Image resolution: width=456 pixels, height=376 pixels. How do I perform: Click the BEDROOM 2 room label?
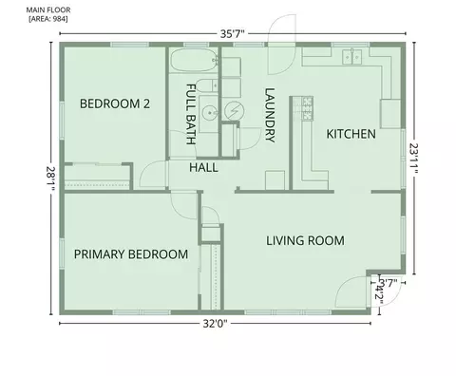[x=115, y=103]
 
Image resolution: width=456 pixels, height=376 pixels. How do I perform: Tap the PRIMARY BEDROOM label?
[x=131, y=254]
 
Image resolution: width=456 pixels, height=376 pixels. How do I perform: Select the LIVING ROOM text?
[x=305, y=241]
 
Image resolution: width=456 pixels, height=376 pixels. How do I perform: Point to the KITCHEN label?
[x=351, y=134]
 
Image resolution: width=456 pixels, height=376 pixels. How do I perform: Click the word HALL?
[x=203, y=167]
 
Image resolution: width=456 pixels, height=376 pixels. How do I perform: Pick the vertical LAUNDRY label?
[x=270, y=115]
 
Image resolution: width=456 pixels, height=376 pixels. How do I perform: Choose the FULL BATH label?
[x=190, y=114]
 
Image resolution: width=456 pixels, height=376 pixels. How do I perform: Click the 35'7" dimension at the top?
[x=233, y=34]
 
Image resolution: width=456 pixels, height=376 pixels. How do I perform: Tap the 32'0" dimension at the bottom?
[x=215, y=324]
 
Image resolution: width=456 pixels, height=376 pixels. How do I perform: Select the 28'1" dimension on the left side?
[x=50, y=179]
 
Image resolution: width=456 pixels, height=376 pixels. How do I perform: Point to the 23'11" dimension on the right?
[x=414, y=159]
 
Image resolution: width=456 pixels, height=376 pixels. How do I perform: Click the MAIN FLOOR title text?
[x=48, y=10]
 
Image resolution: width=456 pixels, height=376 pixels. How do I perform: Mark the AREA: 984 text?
[x=48, y=19]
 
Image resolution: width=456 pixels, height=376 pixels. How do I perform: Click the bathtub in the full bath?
[x=194, y=60]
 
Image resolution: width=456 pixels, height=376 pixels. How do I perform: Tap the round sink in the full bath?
[x=210, y=112]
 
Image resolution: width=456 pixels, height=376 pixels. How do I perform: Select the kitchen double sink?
[x=351, y=57]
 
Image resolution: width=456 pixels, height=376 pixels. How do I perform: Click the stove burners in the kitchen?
[x=307, y=108]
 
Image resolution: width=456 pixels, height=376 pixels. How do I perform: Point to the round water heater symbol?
[x=235, y=110]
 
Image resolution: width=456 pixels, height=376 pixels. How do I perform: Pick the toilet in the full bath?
[x=207, y=85]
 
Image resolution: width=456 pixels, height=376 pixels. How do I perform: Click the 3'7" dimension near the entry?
[x=389, y=283]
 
